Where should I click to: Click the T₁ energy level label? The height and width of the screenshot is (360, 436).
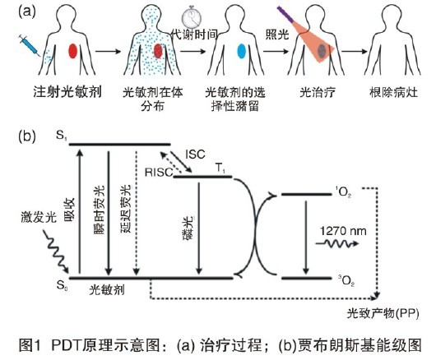(x=219, y=168)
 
